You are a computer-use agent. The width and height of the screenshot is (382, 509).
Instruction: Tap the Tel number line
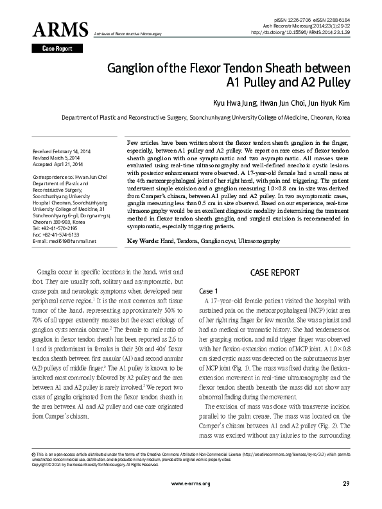tap(56, 228)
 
